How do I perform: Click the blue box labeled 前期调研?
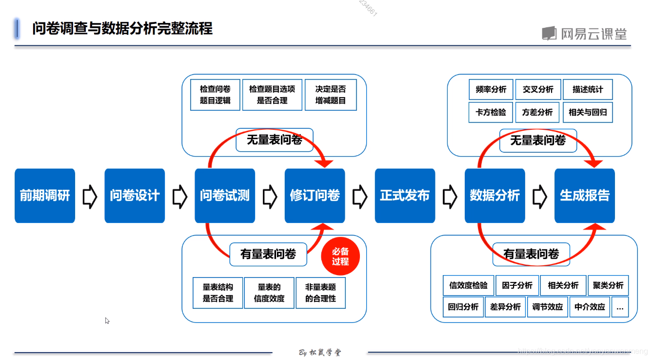point(45,196)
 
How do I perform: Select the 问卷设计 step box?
point(135,196)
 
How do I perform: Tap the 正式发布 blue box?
point(405,196)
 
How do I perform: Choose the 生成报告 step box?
point(585,196)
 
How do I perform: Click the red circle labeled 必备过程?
point(340,257)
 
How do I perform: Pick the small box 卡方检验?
point(491,112)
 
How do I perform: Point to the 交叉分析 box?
point(538,90)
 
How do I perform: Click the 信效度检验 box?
point(468,285)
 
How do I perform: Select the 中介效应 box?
point(590,307)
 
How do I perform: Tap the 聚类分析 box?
point(608,285)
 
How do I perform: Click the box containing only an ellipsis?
point(620,307)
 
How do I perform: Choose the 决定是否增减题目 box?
point(331,95)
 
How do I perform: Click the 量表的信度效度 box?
point(269,293)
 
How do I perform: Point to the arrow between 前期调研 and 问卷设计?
point(90,196)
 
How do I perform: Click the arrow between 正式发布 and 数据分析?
point(450,196)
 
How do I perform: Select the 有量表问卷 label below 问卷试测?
point(268,254)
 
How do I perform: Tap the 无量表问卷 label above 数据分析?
point(538,140)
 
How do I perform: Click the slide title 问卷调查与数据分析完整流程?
point(122,28)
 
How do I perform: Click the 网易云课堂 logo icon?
point(549,33)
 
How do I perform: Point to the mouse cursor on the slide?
point(107,320)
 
